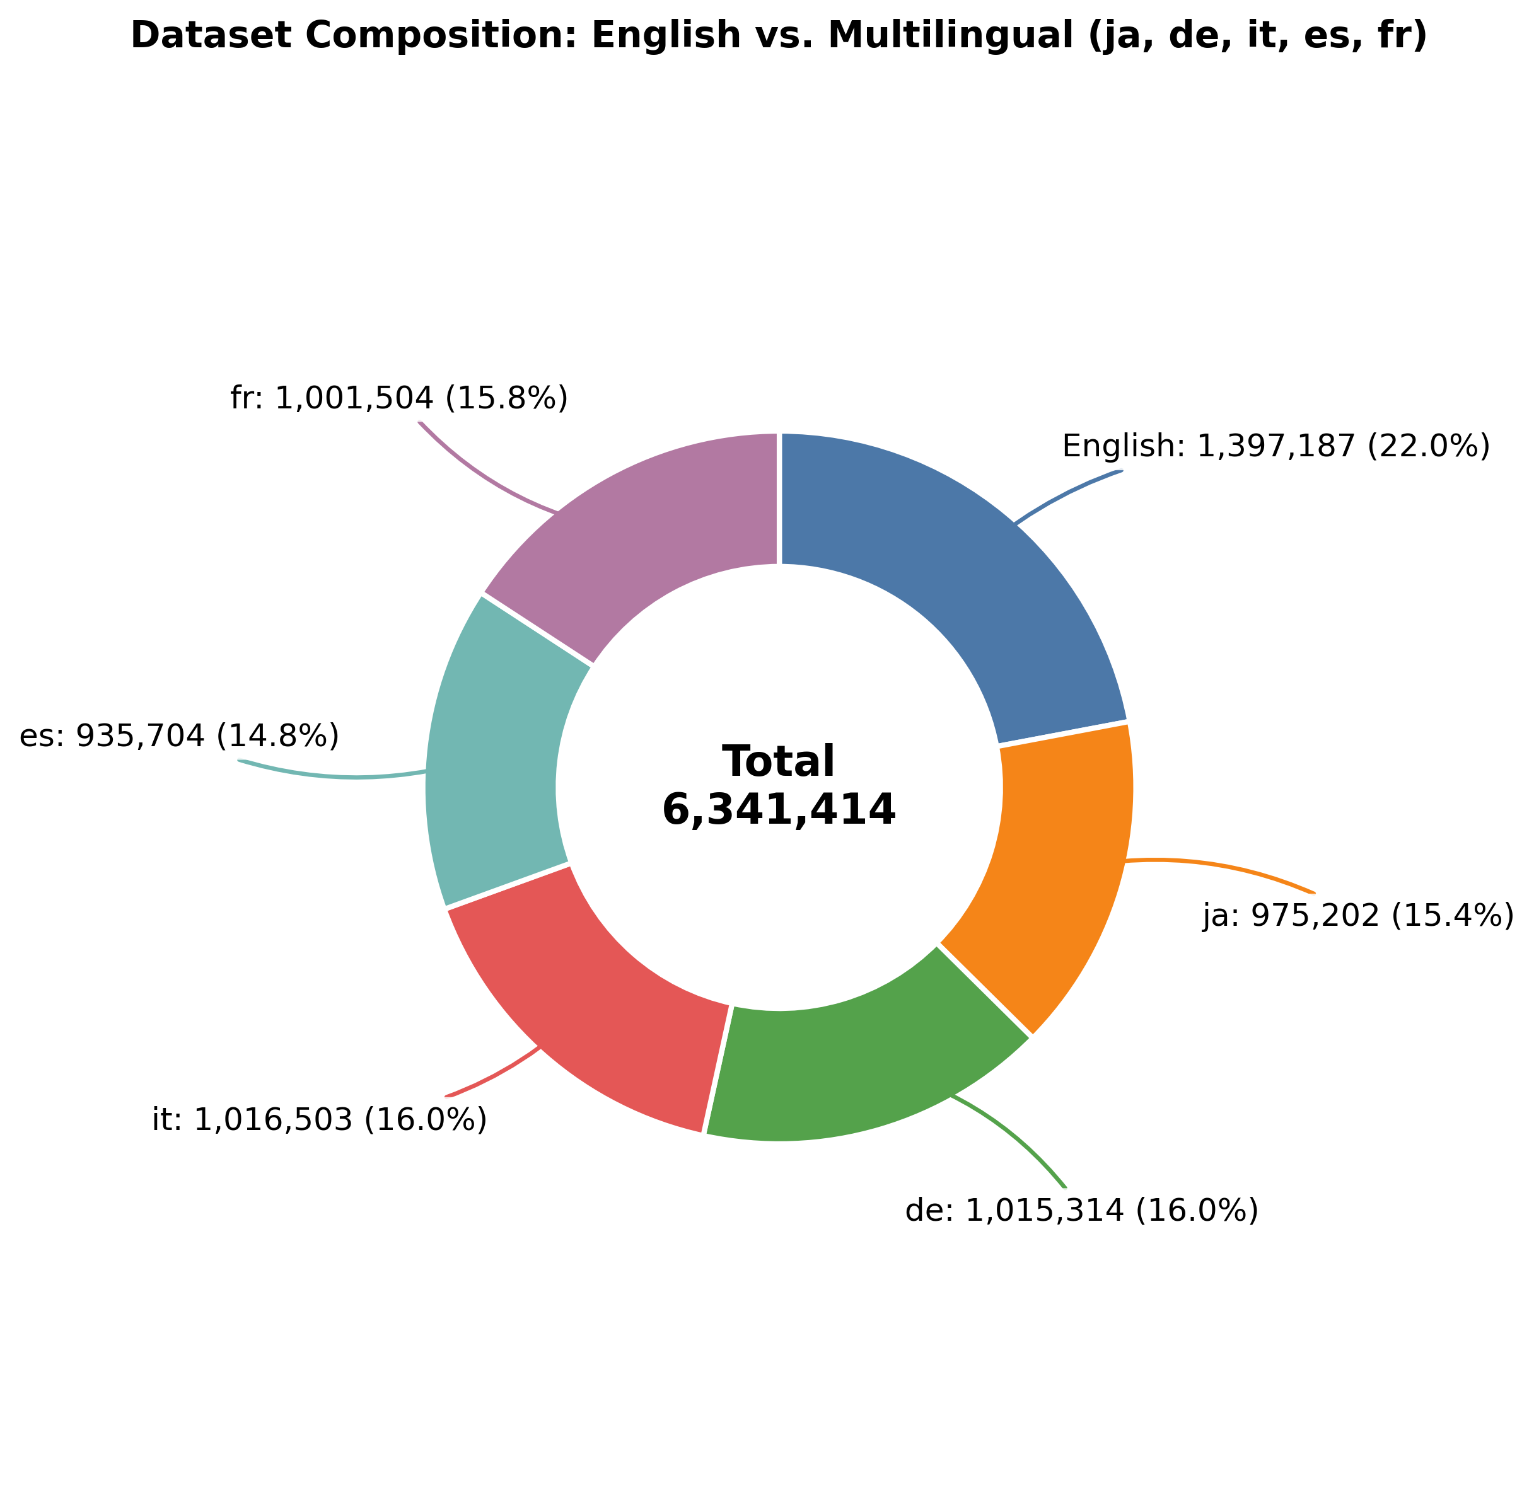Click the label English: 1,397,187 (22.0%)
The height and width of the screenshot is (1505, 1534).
(x=1275, y=447)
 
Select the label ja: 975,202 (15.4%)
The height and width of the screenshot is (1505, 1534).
(x=1357, y=916)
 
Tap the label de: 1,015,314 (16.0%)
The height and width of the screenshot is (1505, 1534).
(x=1081, y=1211)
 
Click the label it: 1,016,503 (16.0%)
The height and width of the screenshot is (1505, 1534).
(x=320, y=1120)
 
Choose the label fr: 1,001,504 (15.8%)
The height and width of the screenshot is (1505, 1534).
(x=399, y=398)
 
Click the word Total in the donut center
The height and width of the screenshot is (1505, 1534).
(x=779, y=762)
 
